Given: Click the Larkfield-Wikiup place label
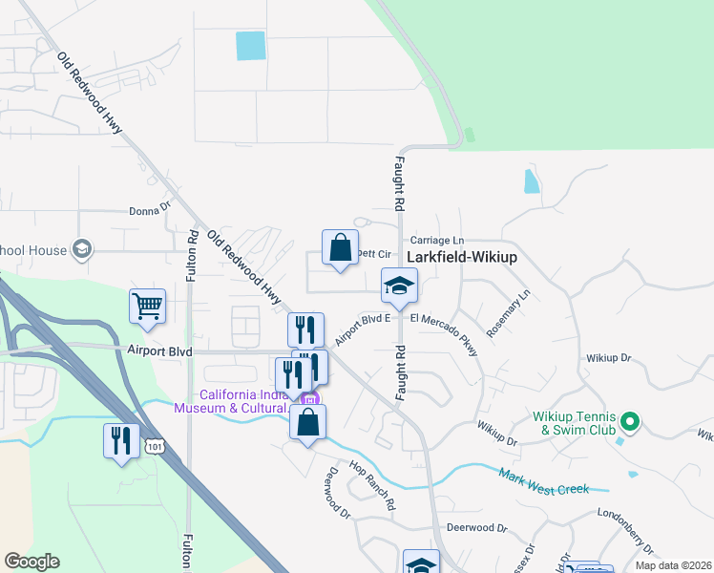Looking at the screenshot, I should (x=462, y=257).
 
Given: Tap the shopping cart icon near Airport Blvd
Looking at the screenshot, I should (x=148, y=307).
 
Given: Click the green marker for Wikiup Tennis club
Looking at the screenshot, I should (x=629, y=420).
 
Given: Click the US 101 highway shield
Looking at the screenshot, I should (x=155, y=446).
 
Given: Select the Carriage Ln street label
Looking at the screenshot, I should (x=436, y=240).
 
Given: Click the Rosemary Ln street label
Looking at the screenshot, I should (x=507, y=314).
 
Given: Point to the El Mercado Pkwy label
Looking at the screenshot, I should (x=445, y=330).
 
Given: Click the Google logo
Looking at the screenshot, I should (x=31, y=562).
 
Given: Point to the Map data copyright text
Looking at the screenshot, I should (x=673, y=565).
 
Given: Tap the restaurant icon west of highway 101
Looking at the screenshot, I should (x=121, y=440).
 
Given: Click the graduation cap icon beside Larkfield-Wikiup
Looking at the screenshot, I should (x=399, y=285).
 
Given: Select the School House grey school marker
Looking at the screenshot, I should (x=82, y=250).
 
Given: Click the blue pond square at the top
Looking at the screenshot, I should (x=251, y=46).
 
